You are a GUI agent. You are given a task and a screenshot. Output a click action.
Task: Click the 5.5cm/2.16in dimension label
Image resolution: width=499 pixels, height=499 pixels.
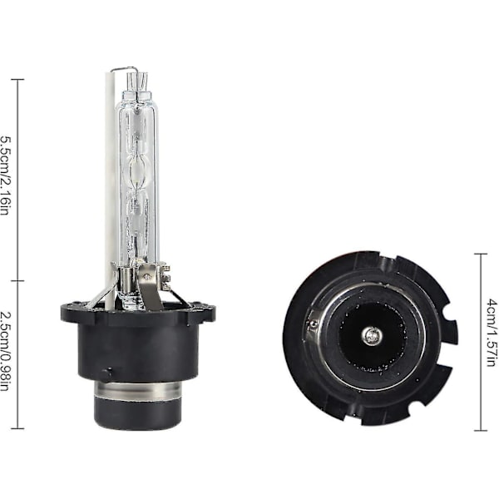click(6, 176)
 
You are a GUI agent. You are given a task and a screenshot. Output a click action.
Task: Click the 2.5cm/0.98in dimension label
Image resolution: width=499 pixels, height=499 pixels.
click(6, 351)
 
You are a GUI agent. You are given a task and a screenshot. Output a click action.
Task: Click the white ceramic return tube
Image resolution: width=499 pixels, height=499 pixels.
click(110, 188)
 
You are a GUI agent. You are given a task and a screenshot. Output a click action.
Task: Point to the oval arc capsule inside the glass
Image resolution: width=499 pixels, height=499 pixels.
click(138, 172)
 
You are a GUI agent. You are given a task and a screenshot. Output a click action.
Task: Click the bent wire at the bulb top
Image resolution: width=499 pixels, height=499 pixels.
click(124, 69)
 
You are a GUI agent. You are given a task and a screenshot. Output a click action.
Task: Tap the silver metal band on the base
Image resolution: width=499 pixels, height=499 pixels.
click(138, 391)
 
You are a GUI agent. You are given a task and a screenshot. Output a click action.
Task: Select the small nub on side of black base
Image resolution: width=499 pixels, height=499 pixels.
click(107, 373)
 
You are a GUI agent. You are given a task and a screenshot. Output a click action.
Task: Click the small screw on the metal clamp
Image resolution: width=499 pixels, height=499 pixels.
click(147, 276)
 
